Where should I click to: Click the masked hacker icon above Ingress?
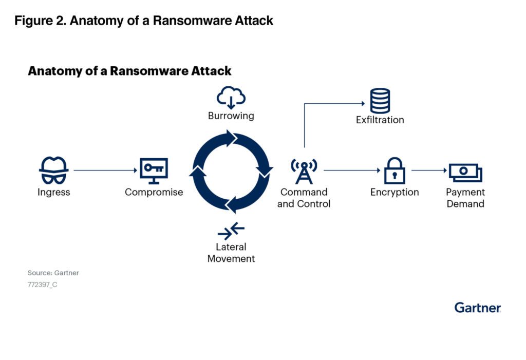pos(53,171)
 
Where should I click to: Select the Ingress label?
pos(53,193)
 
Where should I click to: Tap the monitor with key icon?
pos(154,171)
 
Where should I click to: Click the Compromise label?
pos(154,193)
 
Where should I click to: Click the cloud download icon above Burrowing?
pos(231,97)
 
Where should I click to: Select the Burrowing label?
pos(231,116)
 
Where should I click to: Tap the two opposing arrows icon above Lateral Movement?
pos(231,230)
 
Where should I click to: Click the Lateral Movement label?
pos(231,253)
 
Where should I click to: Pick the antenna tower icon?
pos(304,171)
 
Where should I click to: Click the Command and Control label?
pos(304,198)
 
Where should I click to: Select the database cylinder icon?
pos(380,101)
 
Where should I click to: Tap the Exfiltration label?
pos(380,120)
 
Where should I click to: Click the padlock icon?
pos(394,171)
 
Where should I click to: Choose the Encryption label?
pos(394,193)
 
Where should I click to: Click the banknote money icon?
pos(465,172)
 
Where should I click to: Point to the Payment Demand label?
pos(465,198)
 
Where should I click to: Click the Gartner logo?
pos(477,308)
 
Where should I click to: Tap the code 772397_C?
pos(42,284)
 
